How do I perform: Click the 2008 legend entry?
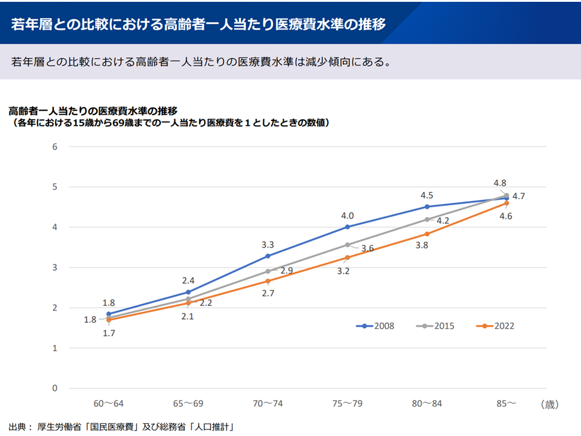tap(375, 326)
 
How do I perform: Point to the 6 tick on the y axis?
tap(54, 147)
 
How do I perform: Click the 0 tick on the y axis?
tap(54, 388)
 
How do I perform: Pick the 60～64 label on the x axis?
tap(108, 403)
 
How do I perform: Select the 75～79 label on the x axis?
tap(347, 403)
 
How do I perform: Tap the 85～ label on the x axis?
tap(507, 403)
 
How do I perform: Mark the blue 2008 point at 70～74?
tap(268, 256)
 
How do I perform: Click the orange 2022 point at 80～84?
tap(427, 234)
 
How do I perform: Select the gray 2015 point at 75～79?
tap(347, 245)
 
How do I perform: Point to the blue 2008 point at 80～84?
tap(427, 206)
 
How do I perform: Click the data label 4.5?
tap(427, 195)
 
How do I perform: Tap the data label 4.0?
tap(347, 216)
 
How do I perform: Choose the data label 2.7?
tap(268, 293)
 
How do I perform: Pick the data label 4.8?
tap(500, 183)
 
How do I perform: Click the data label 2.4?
tap(188, 280)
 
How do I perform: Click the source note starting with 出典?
tap(121, 426)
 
